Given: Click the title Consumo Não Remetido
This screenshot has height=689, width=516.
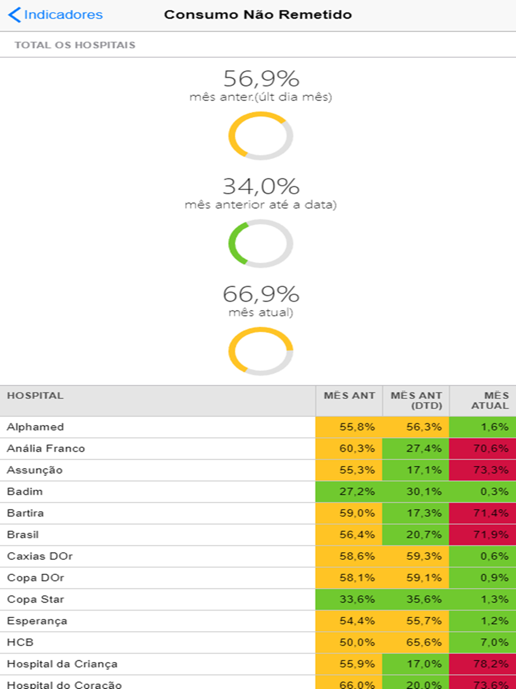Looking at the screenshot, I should pyautogui.click(x=258, y=15).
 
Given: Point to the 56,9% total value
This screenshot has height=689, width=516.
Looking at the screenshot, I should pyautogui.click(x=261, y=79).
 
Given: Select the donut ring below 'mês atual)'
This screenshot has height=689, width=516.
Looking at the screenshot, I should pyautogui.click(x=261, y=351).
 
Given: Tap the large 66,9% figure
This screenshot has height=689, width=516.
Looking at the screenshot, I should pyautogui.click(x=261, y=294).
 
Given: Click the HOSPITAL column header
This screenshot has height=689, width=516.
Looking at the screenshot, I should pyautogui.click(x=35, y=396).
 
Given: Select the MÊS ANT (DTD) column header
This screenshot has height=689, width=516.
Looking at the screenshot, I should pyautogui.click(x=416, y=400).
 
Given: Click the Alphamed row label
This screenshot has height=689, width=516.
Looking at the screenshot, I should pyautogui.click(x=36, y=427).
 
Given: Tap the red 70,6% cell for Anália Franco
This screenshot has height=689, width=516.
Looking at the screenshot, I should pyautogui.click(x=483, y=448).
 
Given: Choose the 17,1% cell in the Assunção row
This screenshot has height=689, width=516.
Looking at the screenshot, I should pyautogui.click(x=416, y=470).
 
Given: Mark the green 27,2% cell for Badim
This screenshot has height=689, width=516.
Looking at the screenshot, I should pyautogui.click(x=349, y=492).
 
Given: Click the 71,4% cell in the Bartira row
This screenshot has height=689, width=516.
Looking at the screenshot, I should pyautogui.click(x=483, y=513).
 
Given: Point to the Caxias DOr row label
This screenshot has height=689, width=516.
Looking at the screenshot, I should pyautogui.click(x=40, y=556).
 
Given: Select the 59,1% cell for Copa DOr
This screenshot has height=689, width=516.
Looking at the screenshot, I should pyautogui.click(x=416, y=577).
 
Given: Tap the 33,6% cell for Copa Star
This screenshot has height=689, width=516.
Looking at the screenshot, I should pyautogui.click(x=349, y=599).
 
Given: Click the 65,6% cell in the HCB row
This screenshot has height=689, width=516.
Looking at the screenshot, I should pyautogui.click(x=416, y=642).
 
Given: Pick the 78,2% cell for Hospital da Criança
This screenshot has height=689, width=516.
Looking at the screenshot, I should pyautogui.click(x=483, y=664).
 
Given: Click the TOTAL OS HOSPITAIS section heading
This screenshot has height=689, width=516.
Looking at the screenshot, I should pyautogui.click(x=75, y=45).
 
